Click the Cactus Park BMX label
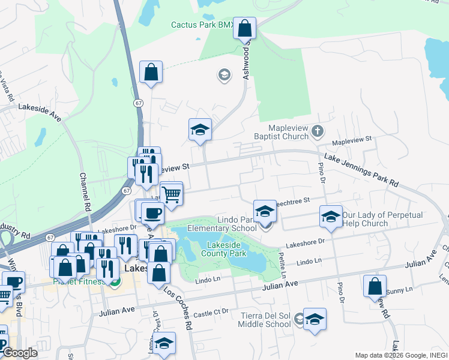(202, 25)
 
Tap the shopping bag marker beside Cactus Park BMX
(244, 28)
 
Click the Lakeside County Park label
(227, 250)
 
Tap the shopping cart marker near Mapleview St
(172, 193)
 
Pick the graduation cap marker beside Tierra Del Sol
(315, 319)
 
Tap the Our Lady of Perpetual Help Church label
(382, 219)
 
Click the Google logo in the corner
(20, 353)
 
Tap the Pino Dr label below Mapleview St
(322, 175)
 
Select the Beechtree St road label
(292, 200)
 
